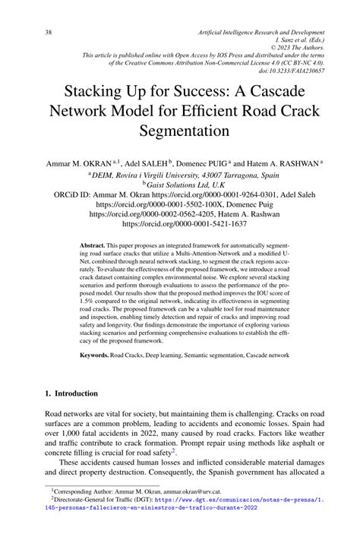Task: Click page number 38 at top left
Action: (x=27, y=33)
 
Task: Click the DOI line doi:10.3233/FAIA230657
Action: (x=292, y=71)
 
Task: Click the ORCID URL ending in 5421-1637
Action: (x=181, y=225)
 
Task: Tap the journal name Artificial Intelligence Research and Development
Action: (x=261, y=33)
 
